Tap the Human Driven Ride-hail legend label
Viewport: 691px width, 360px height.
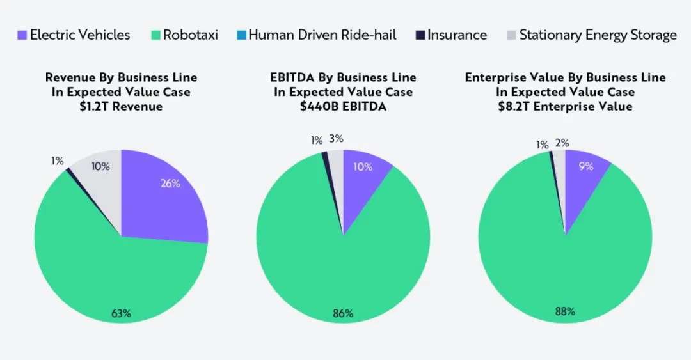(x=322, y=35)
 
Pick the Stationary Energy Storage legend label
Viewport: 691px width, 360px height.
(x=598, y=35)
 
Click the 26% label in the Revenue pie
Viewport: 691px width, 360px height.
(x=170, y=184)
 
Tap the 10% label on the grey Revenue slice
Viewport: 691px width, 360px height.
(x=100, y=166)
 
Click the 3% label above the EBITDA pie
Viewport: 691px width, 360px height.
(x=336, y=138)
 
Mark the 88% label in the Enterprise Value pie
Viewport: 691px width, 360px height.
(x=564, y=311)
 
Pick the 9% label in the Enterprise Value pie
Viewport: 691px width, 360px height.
(x=586, y=166)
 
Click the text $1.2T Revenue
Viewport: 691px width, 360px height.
(x=121, y=106)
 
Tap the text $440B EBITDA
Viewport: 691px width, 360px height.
(x=343, y=106)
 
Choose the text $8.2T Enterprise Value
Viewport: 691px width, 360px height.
(x=565, y=106)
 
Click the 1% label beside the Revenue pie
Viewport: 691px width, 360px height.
(x=58, y=161)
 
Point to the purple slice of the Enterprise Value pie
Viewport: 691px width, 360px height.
(x=582, y=185)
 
